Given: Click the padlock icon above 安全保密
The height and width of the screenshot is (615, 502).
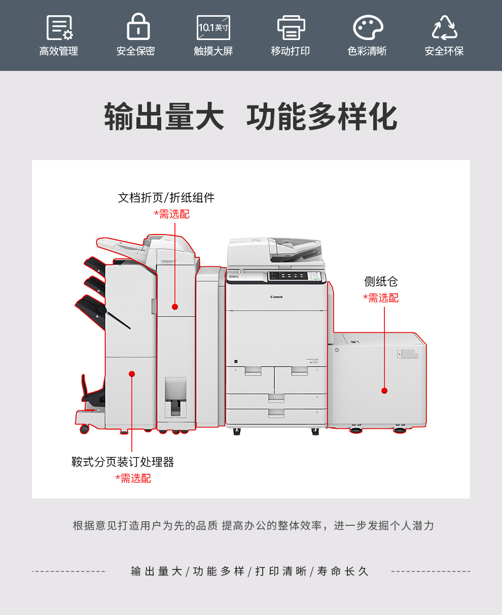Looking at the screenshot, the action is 138,26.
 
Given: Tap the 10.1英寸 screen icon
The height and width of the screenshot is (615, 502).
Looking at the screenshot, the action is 213,27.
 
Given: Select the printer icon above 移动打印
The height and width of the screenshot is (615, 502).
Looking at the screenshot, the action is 291,27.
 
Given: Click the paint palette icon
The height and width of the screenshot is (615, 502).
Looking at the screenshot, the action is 368,27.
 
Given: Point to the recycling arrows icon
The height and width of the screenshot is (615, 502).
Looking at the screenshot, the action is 445,27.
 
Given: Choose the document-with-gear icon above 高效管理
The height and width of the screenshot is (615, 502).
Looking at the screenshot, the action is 59,27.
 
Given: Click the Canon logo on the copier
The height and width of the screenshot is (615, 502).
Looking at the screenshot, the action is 276,297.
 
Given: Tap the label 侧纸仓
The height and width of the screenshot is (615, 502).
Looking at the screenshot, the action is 381,281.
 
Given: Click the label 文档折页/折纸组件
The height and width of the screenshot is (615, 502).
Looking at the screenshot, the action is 166,198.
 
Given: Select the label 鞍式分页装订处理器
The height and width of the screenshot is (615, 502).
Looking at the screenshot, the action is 123,462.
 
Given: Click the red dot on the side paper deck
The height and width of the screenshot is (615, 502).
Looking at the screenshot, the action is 384,391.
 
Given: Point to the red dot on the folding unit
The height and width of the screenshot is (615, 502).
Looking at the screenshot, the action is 175,307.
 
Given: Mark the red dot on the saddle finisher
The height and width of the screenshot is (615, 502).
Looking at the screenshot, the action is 132,374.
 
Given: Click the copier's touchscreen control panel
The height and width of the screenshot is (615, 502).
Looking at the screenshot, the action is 296,276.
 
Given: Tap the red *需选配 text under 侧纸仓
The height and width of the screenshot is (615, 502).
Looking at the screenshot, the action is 381,298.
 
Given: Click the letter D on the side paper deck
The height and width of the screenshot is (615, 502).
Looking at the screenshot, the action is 337,350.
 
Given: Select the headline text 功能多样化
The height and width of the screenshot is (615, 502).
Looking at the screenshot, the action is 321,117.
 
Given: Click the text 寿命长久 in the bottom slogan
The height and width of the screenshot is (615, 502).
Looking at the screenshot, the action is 343,571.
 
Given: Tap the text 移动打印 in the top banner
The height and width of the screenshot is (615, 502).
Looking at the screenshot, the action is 290,51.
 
